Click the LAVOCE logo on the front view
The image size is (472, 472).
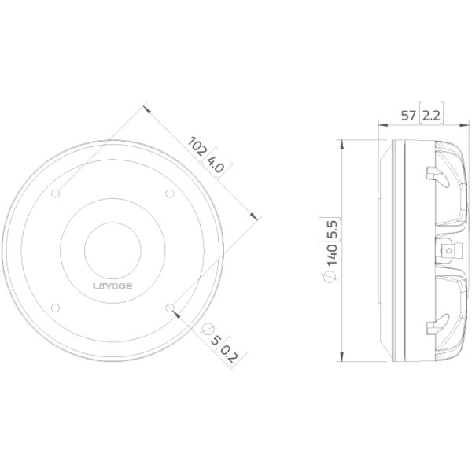tap(112, 286)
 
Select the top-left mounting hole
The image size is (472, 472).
tap(55, 194)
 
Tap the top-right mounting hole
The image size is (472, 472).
tap(170, 194)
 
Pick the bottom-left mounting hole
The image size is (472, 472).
tap(55, 308)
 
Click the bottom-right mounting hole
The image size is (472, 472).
tap(170, 308)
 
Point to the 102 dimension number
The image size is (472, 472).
tap(197, 146)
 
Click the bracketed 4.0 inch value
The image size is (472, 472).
tap(216, 164)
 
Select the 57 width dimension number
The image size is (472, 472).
tap(408, 116)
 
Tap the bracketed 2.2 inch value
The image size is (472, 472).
tap(431, 116)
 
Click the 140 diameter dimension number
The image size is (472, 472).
tap(332, 255)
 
